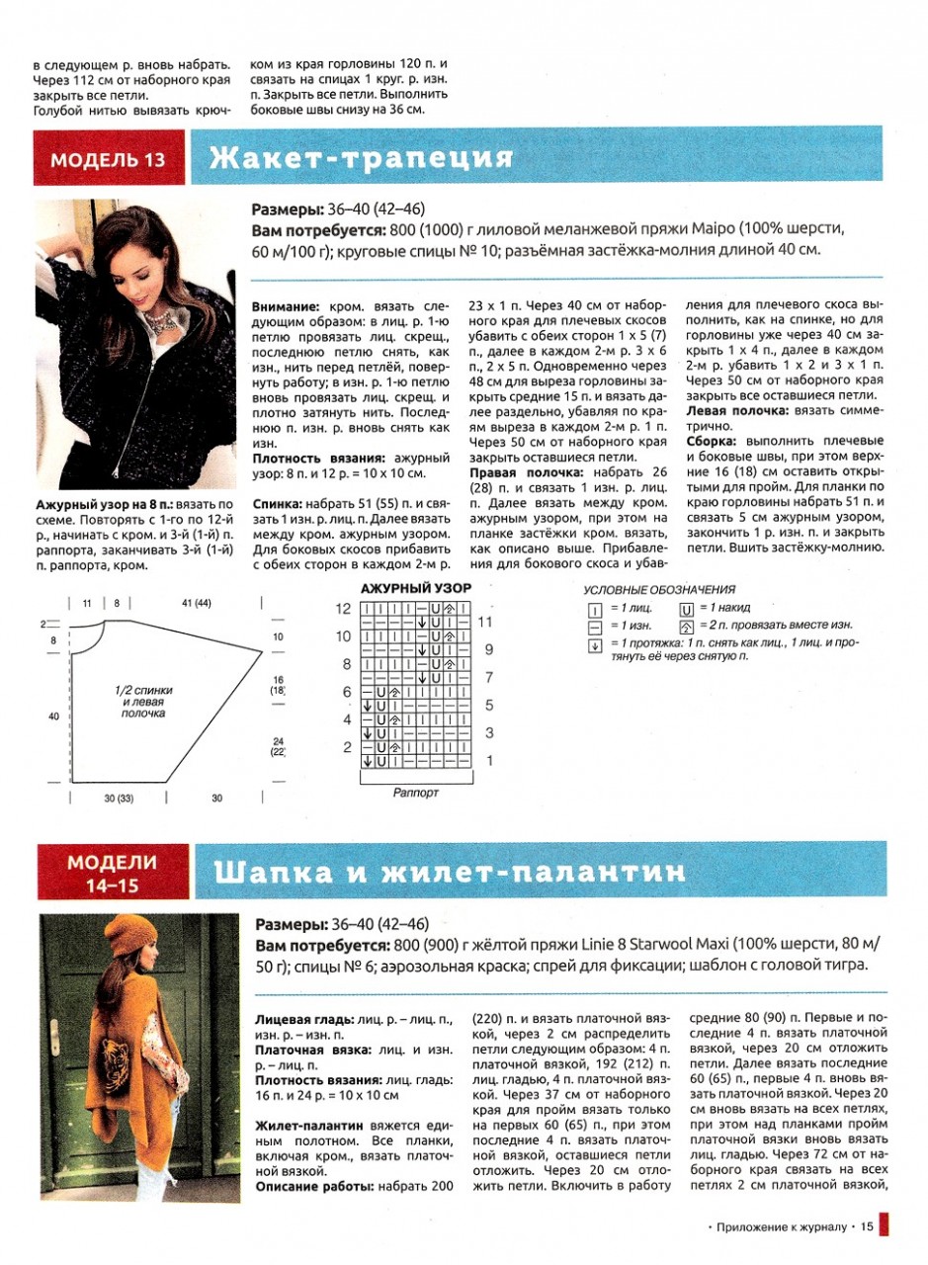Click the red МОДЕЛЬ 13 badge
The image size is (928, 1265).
click(109, 159)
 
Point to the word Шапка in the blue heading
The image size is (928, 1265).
click(273, 873)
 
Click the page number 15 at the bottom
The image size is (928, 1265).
click(867, 1228)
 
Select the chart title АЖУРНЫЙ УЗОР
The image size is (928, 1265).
click(416, 589)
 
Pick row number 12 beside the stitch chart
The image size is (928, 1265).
click(344, 609)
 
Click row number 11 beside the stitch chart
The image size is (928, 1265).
click(485, 623)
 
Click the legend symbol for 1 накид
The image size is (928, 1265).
click(685, 608)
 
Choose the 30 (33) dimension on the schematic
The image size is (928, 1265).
click(119, 798)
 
